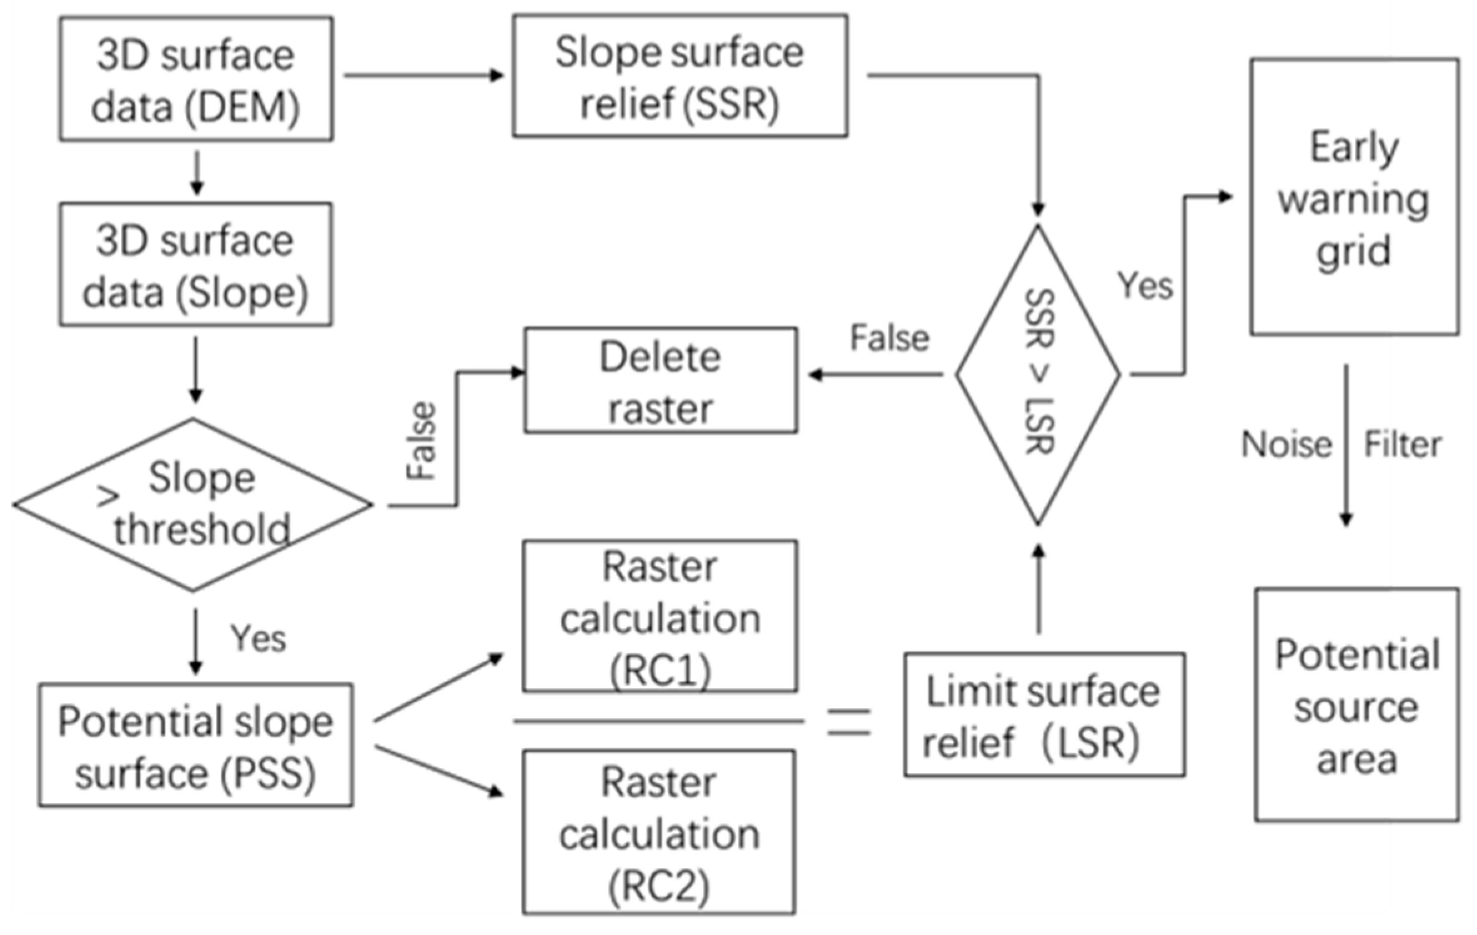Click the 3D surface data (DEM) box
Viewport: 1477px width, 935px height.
tap(195, 79)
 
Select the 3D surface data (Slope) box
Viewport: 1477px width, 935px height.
tap(195, 264)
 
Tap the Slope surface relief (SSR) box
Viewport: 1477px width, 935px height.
tap(679, 76)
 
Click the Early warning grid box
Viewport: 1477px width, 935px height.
tap(1354, 197)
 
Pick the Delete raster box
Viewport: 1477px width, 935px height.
tap(660, 380)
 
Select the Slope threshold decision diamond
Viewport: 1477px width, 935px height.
tap(192, 504)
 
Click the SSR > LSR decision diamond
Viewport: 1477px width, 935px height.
tap(1037, 375)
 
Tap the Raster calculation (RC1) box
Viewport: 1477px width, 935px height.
tap(659, 616)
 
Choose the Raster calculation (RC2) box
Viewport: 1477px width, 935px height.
tap(659, 832)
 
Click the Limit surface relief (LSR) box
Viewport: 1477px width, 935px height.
tap(1044, 715)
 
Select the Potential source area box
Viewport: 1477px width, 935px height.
tap(1356, 705)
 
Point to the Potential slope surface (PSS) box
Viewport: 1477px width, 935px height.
tap(195, 745)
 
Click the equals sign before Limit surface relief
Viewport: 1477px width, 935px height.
tap(848, 722)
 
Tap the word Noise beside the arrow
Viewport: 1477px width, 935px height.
tap(1286, 445)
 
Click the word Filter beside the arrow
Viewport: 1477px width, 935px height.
tap(1403, 445)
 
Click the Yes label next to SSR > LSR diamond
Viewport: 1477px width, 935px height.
tap(1145, 286)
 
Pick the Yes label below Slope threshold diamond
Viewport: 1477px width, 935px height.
tap(258, 638)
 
